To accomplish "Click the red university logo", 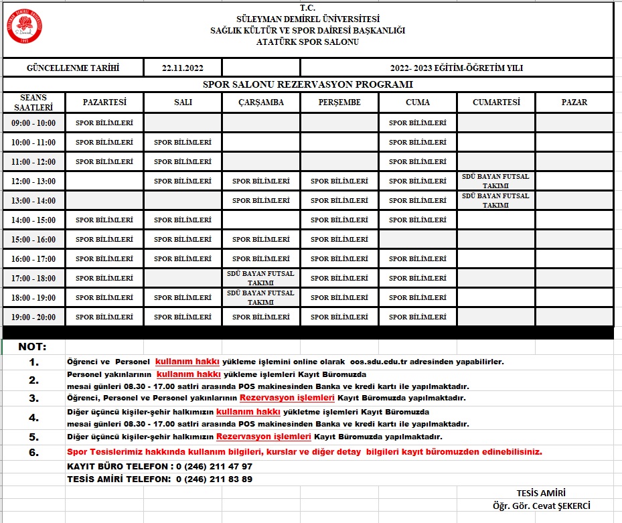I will click(x=26, y=26).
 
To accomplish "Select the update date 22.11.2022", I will click(x=182, y=68).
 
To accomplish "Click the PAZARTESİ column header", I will click(x=104, y=102).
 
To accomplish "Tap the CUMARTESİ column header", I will click(x=496, y=102).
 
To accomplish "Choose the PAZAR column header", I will click(x=574, y=102).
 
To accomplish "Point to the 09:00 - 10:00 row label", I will click(x=33, y=123).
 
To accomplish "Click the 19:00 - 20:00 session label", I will click(x=33, y=317).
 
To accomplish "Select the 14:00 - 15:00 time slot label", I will click(x=33, y=220).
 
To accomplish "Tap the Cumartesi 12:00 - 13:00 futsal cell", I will click(x=495, y=181).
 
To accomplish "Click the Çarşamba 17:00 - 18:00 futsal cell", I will click(x=260, y=279).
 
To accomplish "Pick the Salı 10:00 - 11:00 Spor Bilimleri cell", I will click(x=183, y=142).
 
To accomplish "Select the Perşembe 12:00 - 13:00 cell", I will click(x=339, y=181).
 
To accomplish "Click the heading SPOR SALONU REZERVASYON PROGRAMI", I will click(x=307, y=84).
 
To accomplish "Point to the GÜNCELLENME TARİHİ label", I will click(x=72, y=68).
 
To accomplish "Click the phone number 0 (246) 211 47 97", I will click(x=214, y=466).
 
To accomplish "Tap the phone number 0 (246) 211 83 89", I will click(x=214, y=479).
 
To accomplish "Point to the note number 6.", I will click(x=34, y=452).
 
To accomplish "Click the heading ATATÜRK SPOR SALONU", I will click(x=307, y=42).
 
